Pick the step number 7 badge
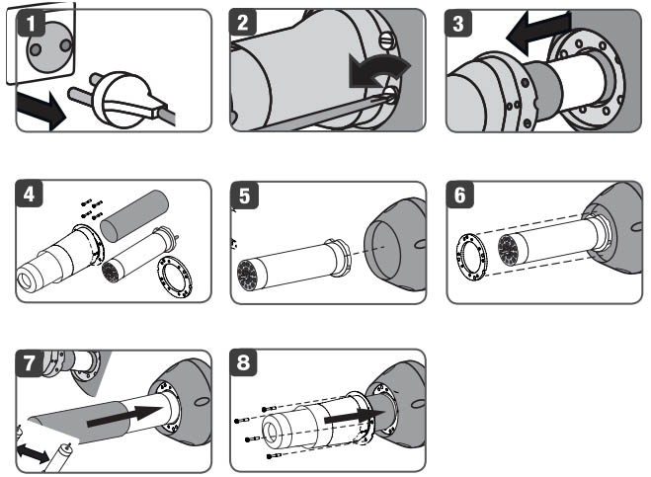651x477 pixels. point(33,362)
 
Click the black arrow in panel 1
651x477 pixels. point(41,111)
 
